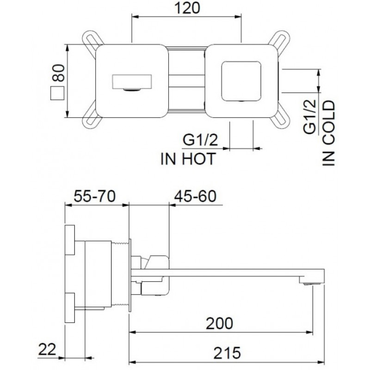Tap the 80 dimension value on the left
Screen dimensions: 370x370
[58, 73]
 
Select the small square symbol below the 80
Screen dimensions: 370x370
[57, 93]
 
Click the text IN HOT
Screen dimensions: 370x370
[188, 159]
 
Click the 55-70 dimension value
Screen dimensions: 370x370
[95, 196]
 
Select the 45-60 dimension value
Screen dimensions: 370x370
[195, 196]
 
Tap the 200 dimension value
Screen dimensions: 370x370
[219, 323]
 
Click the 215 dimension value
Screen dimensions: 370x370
[227, 353]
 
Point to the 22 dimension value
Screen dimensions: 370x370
[47, 349]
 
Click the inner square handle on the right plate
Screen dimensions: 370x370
[241, 81]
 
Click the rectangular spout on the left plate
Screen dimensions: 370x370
[131, 82]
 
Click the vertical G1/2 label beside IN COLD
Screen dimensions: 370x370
[309, 117]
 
